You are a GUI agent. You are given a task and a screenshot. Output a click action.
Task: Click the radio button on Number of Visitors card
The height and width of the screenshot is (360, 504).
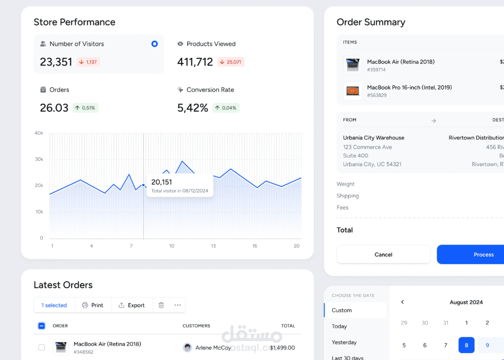point(155,44)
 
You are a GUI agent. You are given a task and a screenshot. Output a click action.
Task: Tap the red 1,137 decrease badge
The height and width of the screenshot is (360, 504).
point(88,62)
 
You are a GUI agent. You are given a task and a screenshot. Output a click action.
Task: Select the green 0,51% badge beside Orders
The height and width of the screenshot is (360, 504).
point(85,107)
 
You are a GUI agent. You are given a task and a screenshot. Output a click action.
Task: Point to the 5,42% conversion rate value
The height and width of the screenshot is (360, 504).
point(193,107)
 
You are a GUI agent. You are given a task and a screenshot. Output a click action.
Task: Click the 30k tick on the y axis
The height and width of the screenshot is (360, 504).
point(39,159)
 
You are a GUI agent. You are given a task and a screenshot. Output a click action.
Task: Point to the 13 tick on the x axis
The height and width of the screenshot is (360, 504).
point(213,246)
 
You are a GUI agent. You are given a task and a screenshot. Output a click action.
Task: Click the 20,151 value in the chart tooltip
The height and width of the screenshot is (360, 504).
point(162,182)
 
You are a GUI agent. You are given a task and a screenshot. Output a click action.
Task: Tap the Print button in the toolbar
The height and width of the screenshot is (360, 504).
point(93,305)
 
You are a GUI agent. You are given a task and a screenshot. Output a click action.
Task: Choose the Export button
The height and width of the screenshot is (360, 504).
point(132,305)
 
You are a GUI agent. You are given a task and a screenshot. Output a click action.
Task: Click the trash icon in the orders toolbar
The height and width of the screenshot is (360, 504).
point(161,305)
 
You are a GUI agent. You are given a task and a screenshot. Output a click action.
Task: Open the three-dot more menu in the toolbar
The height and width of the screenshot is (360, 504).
point(178,305)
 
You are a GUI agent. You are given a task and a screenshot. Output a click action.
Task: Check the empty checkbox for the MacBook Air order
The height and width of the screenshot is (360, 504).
point(42,347)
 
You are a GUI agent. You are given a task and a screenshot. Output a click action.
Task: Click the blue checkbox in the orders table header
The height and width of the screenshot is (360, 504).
point(42,326)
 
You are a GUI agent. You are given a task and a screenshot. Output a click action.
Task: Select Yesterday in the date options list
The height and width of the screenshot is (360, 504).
point(344,342)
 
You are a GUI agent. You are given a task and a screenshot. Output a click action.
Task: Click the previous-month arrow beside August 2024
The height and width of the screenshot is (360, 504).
point(402,302)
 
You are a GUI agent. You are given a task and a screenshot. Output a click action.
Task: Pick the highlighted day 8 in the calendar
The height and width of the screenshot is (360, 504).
point(466,345)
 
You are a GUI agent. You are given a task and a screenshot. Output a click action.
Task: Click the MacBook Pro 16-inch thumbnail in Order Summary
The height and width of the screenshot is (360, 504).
point(353,91)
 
